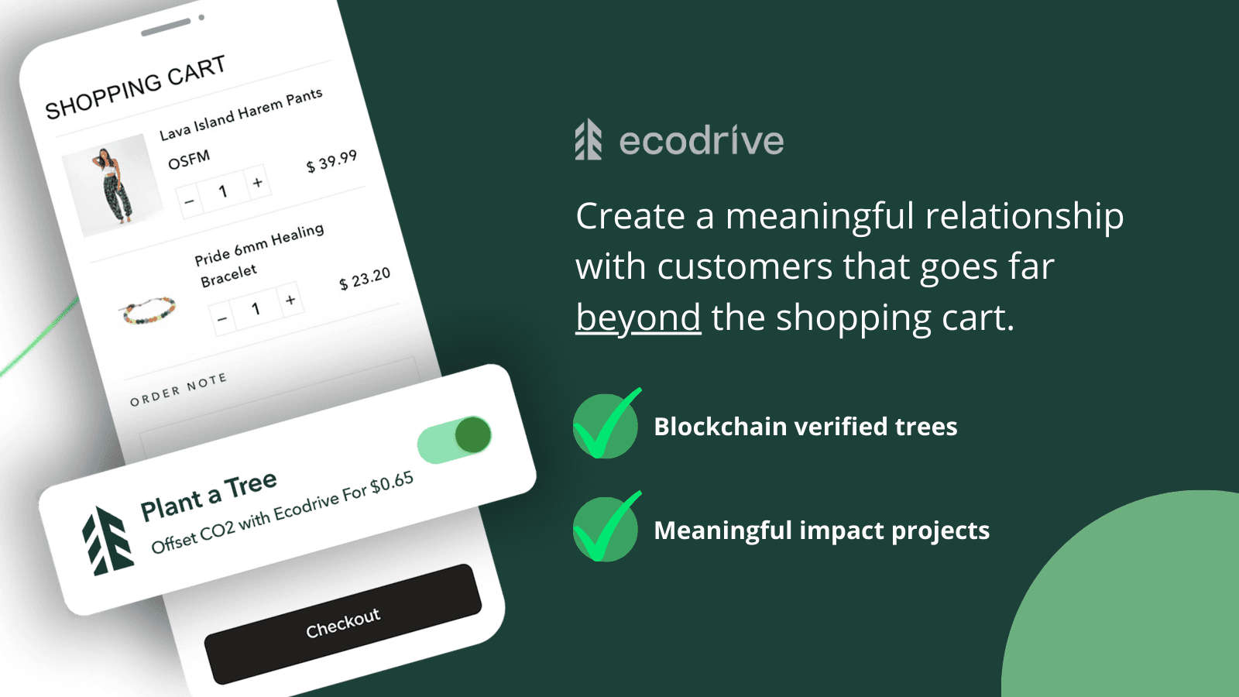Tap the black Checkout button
(x=343, y=623)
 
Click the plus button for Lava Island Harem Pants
(x=258, y=183)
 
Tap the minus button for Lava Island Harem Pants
(x=189, y=202)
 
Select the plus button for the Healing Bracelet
(x=290, y=300)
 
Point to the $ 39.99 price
(x=331, y=161)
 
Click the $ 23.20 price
(x=365, y=279)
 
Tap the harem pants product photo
(x=113, y=186)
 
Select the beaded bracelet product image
(x=149, y=309)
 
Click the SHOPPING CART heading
(x=136, y=88)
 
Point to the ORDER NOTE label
(x=178, y=389)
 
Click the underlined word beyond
(x=638, y=318)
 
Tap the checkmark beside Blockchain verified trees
(x=606, y=425)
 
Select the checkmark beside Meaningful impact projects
(x=606, y=529)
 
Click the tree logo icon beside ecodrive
(x=589, y=139)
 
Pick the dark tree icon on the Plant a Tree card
(x=107, y=541)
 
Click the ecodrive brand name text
(x=702, y=141)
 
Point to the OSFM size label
(x=189, y=160)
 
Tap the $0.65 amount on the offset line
(x=391, y=483)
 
